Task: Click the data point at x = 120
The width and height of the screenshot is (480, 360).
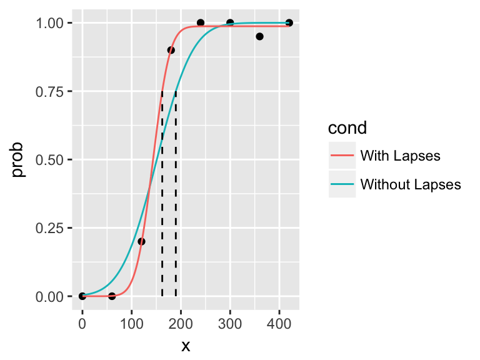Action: [x=141, y=241]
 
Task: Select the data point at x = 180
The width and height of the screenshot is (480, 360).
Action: [x=171, y=50]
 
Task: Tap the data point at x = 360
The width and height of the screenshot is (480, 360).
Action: [x=259, y=36]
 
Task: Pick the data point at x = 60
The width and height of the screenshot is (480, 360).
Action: [x=112, y=296]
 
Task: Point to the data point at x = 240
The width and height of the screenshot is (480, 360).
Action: [x=201, y=22]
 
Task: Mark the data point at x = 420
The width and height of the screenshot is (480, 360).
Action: [x=289, y=22]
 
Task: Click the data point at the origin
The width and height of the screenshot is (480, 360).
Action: [x=82, y=296]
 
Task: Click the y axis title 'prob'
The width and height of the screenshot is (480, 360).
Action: [x=19, y=160]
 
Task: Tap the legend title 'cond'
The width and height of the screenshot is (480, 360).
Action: [x=347, y=128]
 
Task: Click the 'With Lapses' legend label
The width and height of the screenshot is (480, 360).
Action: [x=401, y=156]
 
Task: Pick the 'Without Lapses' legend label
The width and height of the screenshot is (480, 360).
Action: [x=411, y=184]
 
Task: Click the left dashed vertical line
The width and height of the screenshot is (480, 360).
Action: [x=162, y=194]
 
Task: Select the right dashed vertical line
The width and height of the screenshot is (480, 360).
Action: [x=176, y=194]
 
